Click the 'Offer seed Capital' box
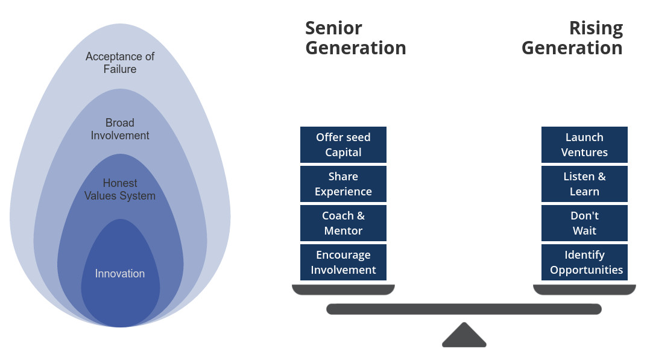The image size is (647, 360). click(x=343, y=145)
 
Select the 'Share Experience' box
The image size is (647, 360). click(x=343, y=184)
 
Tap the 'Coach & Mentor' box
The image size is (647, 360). click(x=343, y=223)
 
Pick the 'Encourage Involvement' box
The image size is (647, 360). click(x=343, y=262)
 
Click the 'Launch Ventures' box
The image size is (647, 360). click(x=584, y=145)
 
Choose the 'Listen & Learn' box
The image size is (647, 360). click(x=584, y=184)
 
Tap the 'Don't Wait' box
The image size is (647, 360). click(x=584, y=223)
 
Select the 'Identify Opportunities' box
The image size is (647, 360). click(x=584, y=262)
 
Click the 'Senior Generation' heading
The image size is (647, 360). click(x=355, y=38)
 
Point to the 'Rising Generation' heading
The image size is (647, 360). click(x=572, y=38)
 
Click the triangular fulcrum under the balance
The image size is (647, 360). click(x=464, y=336)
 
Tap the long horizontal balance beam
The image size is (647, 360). click(x=464, y=309)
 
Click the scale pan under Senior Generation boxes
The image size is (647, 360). click(x=343, y=290)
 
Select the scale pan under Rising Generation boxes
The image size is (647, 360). click(x=584, y=290)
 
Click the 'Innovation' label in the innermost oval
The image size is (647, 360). click(x=120, y=274)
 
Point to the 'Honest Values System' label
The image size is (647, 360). click(x=120, y=189)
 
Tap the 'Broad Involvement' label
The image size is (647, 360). click(x=120, y=129)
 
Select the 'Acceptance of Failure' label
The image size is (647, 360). click(x=120, y=63)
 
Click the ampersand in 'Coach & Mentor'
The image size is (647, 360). click(x=360, y=216)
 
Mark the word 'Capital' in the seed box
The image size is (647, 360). click(x=343, y=153)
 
